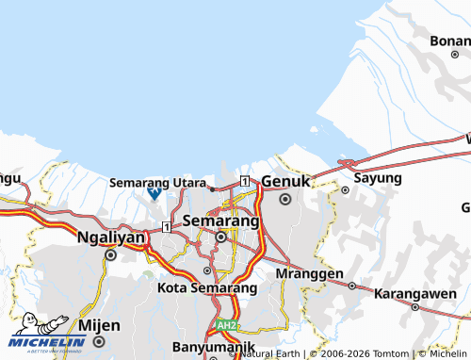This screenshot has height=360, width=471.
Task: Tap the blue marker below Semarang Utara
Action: [154, 193]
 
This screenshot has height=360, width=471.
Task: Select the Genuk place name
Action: [285, 180]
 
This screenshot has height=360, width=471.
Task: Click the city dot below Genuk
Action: [284, 199]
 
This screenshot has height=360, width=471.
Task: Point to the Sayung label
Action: [377, 177]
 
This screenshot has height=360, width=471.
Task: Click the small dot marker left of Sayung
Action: [345, 189]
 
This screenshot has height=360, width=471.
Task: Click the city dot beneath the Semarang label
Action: [220, 237]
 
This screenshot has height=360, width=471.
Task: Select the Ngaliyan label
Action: [110, 237]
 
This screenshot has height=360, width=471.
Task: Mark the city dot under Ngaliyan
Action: [110, 254]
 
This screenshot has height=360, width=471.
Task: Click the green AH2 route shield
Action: [225, 324]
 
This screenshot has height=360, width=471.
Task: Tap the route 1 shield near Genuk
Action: [244, 181]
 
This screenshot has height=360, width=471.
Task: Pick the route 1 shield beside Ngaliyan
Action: [166, 226]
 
